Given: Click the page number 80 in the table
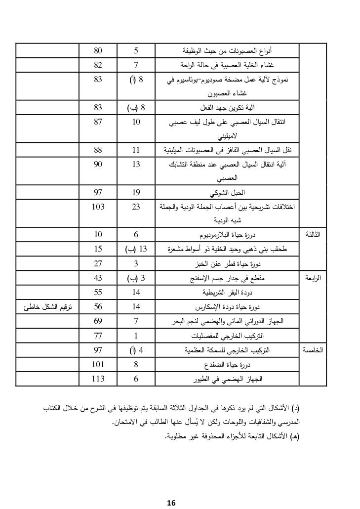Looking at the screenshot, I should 98,50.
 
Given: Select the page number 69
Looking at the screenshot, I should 98,322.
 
